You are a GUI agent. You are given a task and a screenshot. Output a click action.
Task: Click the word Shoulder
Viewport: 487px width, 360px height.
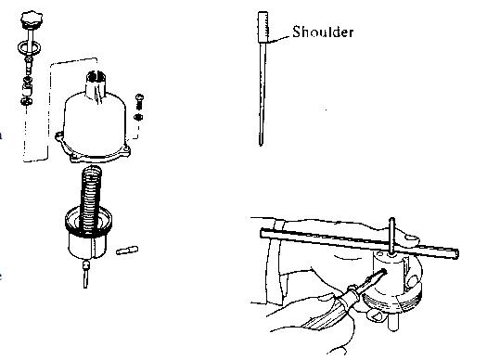pos(323,32)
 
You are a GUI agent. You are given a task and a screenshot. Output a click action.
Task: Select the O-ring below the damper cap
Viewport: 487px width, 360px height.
pos(29,48)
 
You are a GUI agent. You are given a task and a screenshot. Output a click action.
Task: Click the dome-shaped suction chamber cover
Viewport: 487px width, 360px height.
pos(95,124)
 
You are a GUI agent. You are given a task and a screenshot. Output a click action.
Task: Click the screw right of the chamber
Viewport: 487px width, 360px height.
pos(139,101)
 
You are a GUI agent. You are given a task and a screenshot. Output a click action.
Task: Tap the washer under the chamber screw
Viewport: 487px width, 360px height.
pos(138,117)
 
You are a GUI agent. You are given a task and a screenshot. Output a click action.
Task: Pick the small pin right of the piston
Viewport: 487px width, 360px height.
pos(127,250)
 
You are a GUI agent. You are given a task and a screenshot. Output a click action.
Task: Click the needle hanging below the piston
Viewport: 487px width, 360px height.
pos(85,275)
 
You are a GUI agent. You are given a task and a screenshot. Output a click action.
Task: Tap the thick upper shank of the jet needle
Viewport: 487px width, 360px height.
pos(263,27)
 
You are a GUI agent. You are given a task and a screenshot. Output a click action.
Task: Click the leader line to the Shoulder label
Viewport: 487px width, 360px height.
pos(279,39)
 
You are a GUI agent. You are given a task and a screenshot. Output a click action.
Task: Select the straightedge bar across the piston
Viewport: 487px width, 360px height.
pos(359,242)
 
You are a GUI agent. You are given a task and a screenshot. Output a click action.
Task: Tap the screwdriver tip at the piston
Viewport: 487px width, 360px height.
pos(381,273)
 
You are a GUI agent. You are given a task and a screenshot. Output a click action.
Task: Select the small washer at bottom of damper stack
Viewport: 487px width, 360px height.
pos(25,101)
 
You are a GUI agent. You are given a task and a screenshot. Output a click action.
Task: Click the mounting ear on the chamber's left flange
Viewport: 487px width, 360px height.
pos(59,135)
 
